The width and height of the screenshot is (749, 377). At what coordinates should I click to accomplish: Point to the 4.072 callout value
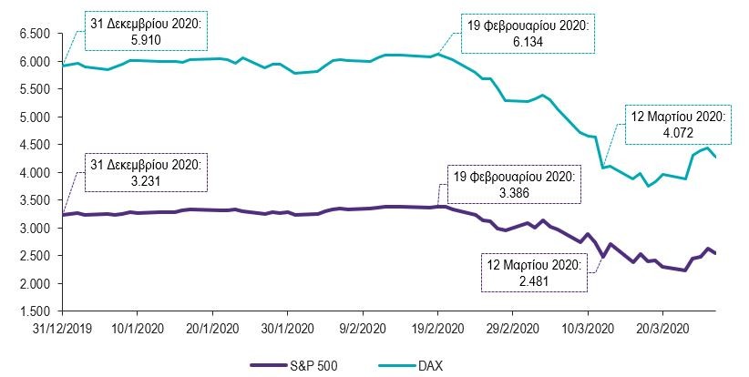[x=677, y=132]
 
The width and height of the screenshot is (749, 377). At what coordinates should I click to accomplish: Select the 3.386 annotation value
[x=512, y=192]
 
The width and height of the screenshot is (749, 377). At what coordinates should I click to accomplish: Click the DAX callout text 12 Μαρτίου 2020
[x=677, y=117]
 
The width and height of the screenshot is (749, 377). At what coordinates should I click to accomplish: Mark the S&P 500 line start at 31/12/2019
[x=62, y=215]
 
